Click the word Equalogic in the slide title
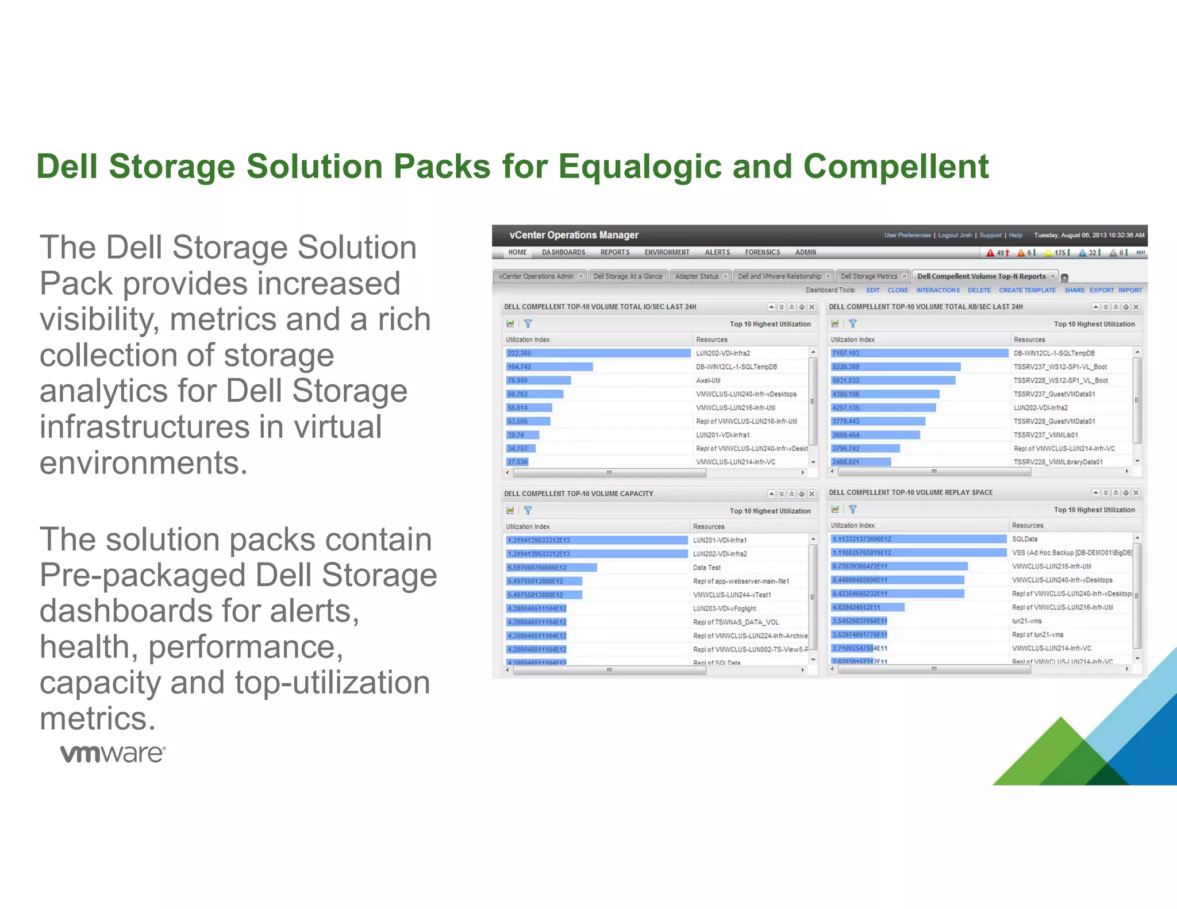pyautogui.click(x=640, y=167)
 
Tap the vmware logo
pyautogui.click(x=113, y=753)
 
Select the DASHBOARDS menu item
pyautogui.click(x=563, y=252)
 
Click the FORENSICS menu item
pyautogui.click(x=762, y=252)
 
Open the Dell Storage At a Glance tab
pyautogui.click(x=627, y=276)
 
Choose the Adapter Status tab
pyautogui.click(x=697, y=276)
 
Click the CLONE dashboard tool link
pyautogui.click(x=897, y=290)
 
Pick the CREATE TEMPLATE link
pyautogui.click(x=1027, y=290)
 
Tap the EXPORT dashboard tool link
pyautogui.click(x=1101, y=290)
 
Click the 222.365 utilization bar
pyautogui.click(x=598, y=353)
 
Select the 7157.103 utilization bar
pyautogui.click(x=920, y=353)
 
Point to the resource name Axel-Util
pyautogui.click(x=708, y=380)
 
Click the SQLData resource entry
pyautogui.click(x=1025, y=539)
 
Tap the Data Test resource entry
pyautogui.click(x=706, y=568)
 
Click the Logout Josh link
pyautogui.click(x=955, y=235)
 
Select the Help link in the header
pyautogui.click(x=1016, y=235)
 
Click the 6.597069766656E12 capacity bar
pyautogui.click(x=551, y=568)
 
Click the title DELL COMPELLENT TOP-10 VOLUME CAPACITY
pyautogui.click(x=578, y=494)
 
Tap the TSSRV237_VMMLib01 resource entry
pyautogui.click(x=1045, y=435)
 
